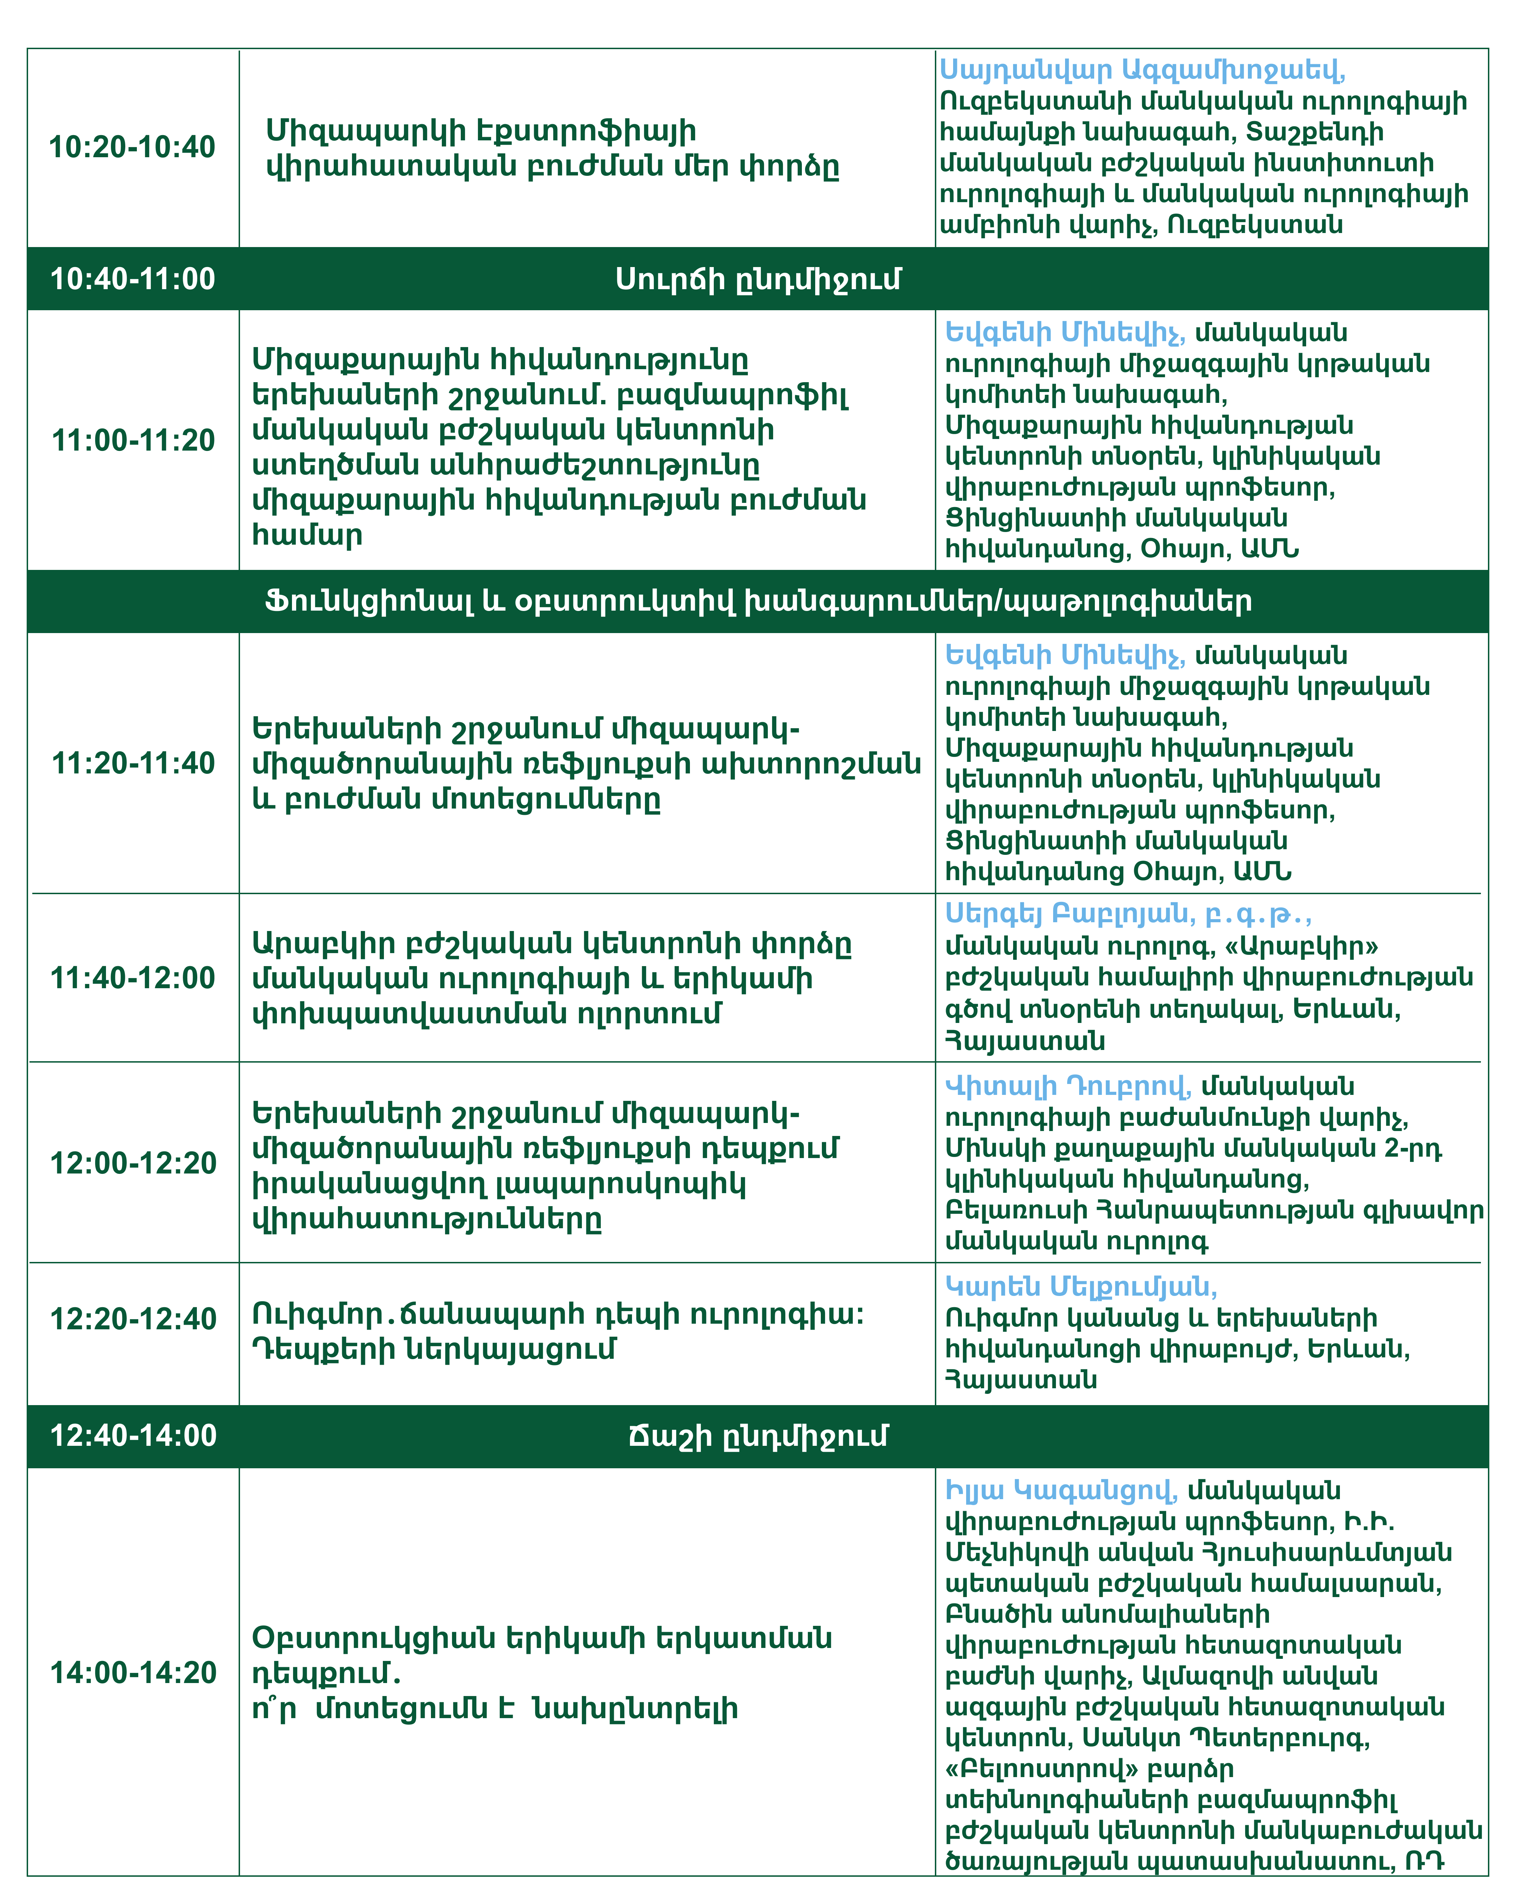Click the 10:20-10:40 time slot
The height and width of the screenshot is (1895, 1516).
click(x=132, y=147)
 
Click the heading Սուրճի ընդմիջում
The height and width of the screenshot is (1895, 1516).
click(x=758, y=279)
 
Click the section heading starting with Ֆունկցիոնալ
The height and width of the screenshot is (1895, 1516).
click(x=758, y=601)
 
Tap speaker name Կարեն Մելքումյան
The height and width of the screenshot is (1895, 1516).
click(x=1081, y=1287)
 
